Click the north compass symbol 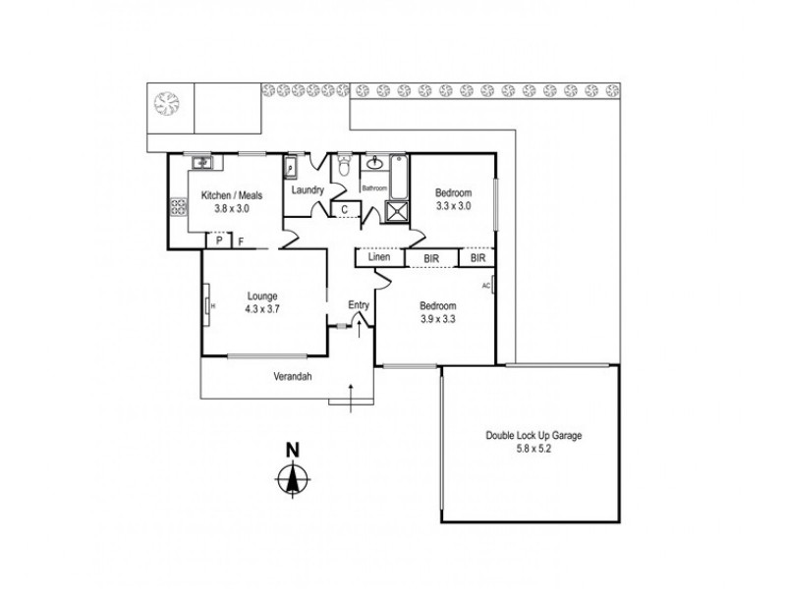coord(292,480)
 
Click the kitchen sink coord(202,162)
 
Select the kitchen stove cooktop coord(179,207)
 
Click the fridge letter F coord(241,241)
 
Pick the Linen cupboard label coord(379,258)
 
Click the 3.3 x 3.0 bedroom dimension coord(454,206)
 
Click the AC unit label coord(486,286)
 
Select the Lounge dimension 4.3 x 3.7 coord(262,308)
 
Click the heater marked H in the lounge coord(210,303)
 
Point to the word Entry coord(360,305)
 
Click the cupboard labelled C coord(344,209)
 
